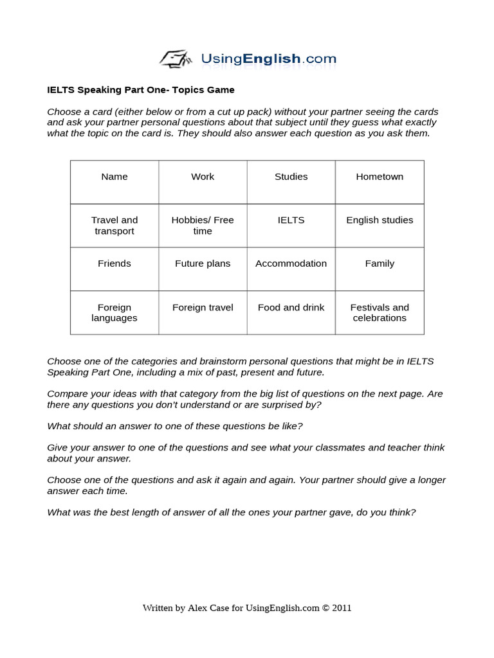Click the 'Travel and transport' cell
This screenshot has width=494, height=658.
click(x=114, y=226)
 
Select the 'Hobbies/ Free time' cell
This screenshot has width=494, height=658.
click(x=203, y=226)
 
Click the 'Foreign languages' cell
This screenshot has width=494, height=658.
click(x=114, y=313)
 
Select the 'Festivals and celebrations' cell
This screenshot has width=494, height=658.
click(x=380, y=313)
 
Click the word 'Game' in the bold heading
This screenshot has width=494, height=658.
click(x=222, y=90)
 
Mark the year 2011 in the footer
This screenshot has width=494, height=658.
click(x=342, y=608)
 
